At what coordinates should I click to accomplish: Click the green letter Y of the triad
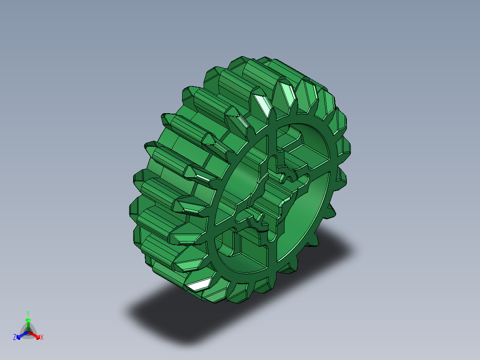pyautogui.click(x=28, y=313)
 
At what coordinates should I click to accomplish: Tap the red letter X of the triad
pyautogui.click(x=42, y=338)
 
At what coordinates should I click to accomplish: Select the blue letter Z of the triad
pyautogui.click(x=15, y=337)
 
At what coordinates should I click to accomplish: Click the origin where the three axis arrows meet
pyautogui.click(x=28, y=332)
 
